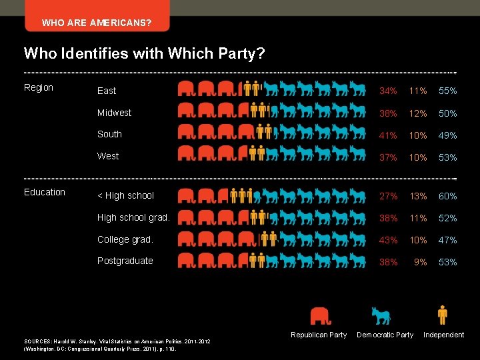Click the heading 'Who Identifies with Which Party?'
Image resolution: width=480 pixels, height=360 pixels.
coord(144,53)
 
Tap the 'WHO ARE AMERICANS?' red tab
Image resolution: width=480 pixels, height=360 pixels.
coord(96,23)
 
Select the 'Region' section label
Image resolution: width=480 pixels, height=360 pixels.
coord(39,87)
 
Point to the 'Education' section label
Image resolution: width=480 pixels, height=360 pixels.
coord(45,192)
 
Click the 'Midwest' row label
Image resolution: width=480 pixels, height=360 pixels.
coord(114,113)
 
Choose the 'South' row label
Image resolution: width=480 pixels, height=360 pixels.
coord(109,134)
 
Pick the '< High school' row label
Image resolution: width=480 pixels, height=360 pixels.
coord(125,195)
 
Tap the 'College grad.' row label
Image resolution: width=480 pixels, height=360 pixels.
coord(125,239)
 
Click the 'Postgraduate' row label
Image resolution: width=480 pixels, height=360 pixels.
coord(125,261)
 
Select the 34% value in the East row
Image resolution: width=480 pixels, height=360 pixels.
coord(388,91)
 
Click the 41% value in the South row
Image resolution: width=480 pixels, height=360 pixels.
coord(388,135)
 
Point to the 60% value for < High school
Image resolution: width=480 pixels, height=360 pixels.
coord(447,196)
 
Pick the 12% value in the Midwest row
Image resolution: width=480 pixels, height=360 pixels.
coord(418,113)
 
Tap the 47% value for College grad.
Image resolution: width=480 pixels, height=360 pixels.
coord(447,240)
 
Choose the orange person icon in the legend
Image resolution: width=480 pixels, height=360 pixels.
coord(442,314)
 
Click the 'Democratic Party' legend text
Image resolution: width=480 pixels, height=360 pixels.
coord(385,335)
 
